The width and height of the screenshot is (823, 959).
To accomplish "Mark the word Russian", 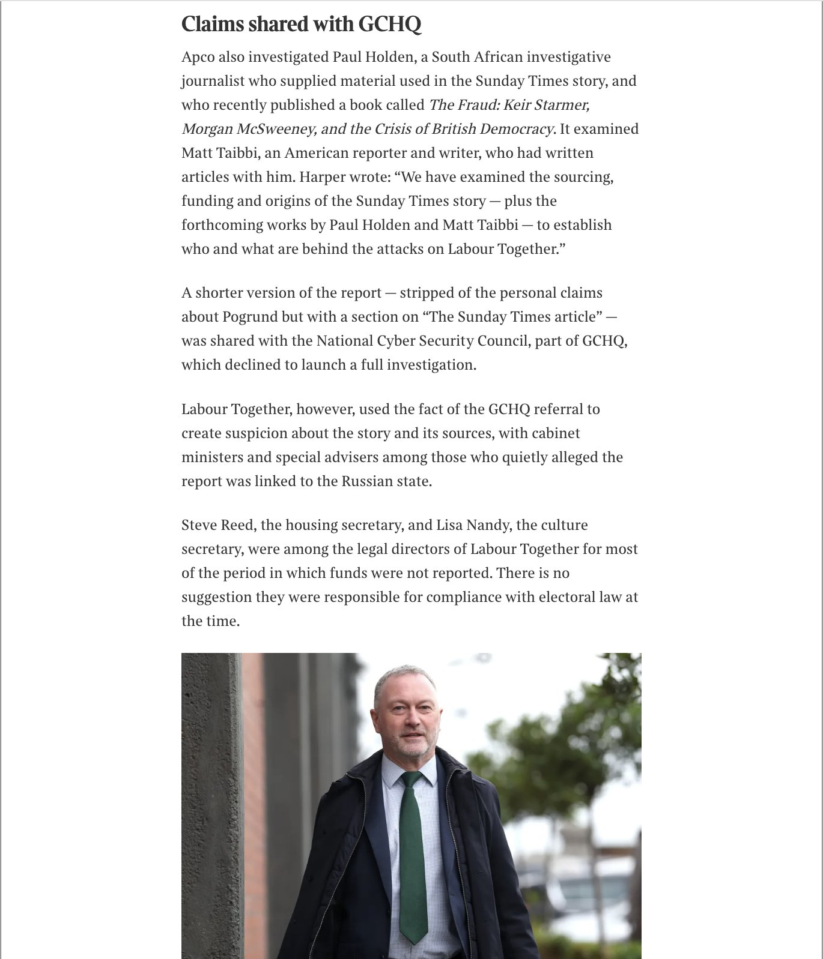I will point(368,481).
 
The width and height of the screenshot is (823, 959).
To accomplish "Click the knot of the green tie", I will point(412,780).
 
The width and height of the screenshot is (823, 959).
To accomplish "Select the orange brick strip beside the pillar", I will point(254,810).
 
